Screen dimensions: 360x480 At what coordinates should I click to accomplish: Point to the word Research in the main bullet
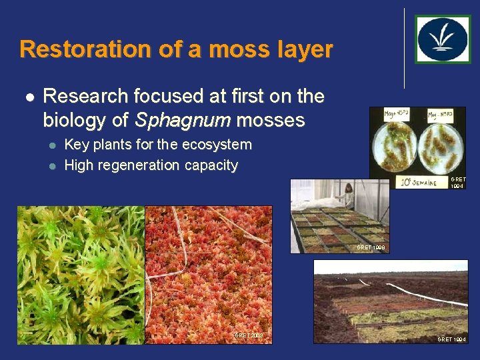pos(85,97)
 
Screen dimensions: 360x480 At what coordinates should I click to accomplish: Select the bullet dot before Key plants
pos(51,145)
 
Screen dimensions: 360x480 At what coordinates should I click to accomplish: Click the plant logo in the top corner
pos(443,39)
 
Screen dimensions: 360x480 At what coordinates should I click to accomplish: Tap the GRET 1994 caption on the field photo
pos(451,339)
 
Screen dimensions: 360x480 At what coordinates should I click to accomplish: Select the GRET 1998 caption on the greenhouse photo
pos(370,247)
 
